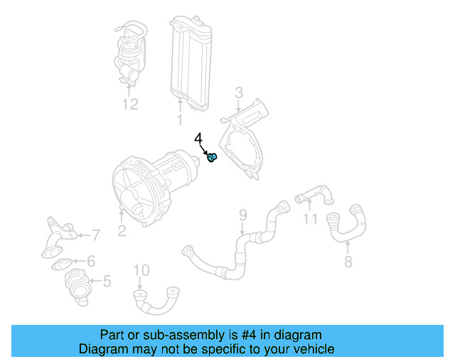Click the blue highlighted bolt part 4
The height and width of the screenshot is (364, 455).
click(212, 157)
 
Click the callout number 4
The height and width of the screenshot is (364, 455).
click(199, 139)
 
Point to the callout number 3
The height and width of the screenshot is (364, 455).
click(239, 92)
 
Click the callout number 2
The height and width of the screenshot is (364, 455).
click(122, 229)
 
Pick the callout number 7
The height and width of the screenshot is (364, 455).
click(96, 234)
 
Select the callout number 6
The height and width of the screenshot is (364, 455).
click(91, 261)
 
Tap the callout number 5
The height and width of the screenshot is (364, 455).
click(107, 282)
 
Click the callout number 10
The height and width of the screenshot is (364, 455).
click(141, 269)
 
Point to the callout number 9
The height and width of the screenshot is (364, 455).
click(242, 214)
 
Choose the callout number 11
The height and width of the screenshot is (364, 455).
click(309, 218)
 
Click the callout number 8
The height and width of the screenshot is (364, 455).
click(348, 261)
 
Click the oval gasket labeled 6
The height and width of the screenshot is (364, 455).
click(63, 264)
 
